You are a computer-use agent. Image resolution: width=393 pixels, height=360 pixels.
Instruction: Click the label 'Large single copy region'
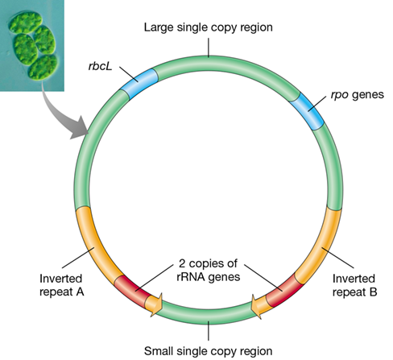208,27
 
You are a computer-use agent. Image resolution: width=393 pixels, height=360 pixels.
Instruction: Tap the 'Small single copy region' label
208,351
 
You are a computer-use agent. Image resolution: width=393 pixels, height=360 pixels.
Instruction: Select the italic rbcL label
100,66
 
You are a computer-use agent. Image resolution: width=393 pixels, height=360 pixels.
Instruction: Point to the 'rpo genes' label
357,95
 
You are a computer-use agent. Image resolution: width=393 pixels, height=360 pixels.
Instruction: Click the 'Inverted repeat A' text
61,285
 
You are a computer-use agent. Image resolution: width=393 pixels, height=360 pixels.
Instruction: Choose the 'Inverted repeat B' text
354,285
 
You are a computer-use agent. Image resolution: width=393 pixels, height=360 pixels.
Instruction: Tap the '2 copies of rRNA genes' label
209,270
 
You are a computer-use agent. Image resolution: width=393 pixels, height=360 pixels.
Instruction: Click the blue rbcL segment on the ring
139,83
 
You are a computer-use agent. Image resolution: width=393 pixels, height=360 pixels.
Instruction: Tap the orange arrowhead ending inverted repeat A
155,305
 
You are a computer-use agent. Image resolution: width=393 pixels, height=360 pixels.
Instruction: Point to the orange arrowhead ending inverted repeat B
259,306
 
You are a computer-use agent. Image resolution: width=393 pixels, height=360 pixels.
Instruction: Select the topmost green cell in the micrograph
25,22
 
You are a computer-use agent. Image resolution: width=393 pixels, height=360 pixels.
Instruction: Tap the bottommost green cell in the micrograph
43,68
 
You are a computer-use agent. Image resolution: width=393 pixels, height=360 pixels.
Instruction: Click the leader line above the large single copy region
209,48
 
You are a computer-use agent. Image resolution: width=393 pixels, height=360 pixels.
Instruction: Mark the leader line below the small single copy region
209,331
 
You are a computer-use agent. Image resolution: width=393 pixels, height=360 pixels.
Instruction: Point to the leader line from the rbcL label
129,74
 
